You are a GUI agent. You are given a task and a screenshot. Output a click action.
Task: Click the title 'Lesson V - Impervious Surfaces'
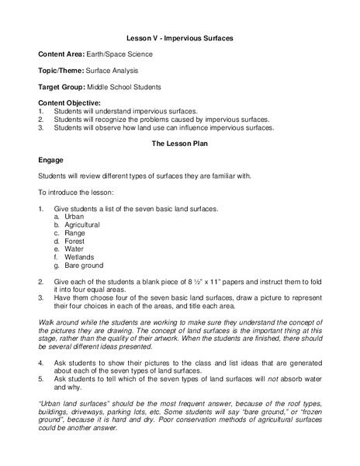pos(179,37)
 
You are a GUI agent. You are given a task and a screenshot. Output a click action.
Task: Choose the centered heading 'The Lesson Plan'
pos(179,144)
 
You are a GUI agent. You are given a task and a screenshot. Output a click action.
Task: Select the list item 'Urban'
pos(74,217)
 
